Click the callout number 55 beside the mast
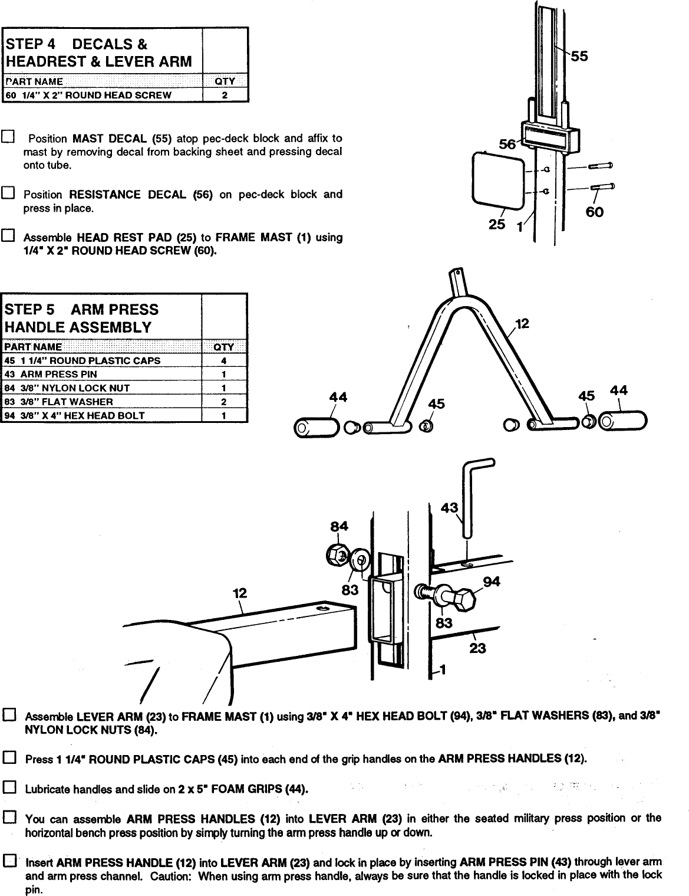(x=579, y=56)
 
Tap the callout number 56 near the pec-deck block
(x=507, y=143)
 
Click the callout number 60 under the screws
(x=594, y=211)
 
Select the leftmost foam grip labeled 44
(x=317, y=428)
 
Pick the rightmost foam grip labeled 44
(x=622, y=421)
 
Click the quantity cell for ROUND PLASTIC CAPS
(x=224, y=360)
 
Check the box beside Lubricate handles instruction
(x=9, y=787)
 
